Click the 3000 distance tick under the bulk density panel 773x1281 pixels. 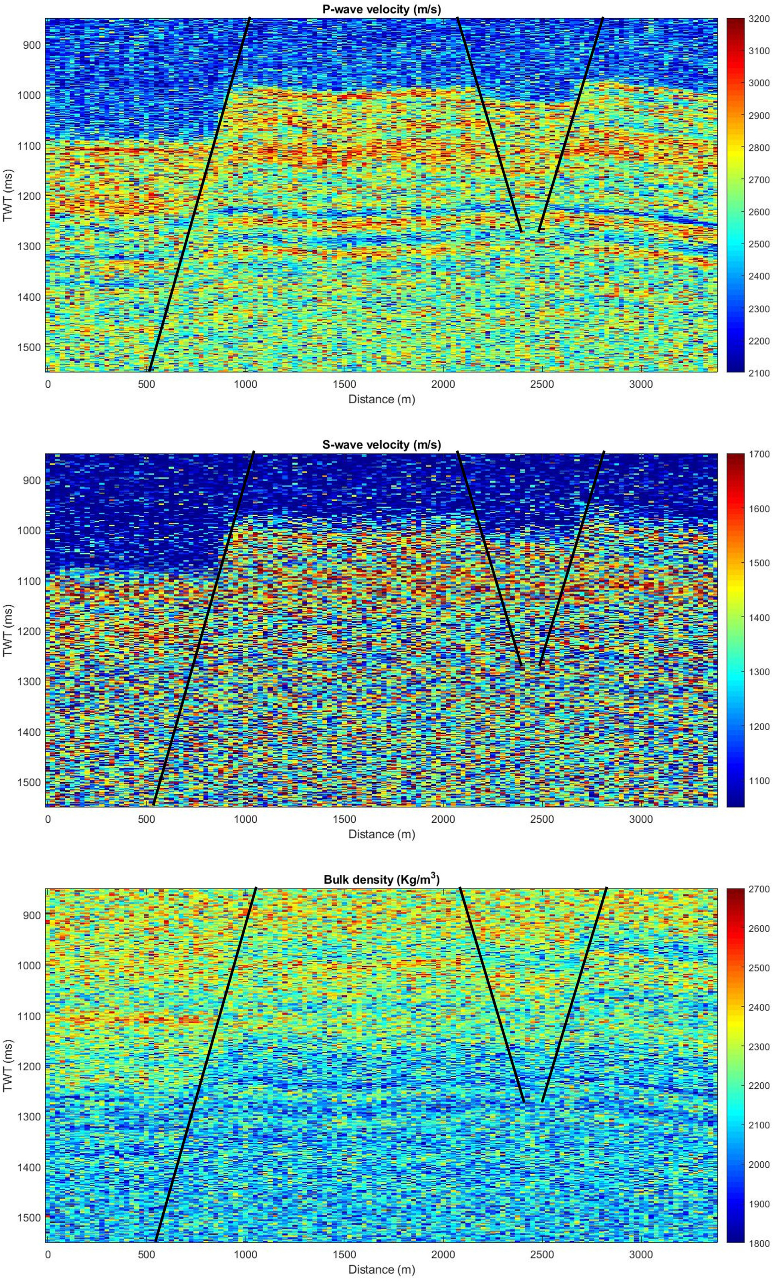click(x=641, y=1254)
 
